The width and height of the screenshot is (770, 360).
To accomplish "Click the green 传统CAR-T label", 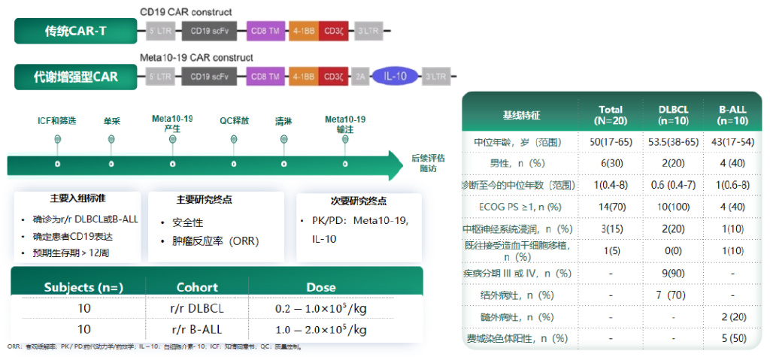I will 75,32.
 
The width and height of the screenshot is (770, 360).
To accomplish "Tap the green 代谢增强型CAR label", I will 75,77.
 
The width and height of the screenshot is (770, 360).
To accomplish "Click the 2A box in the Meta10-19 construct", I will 360,77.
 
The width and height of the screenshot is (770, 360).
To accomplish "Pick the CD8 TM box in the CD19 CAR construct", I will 265,32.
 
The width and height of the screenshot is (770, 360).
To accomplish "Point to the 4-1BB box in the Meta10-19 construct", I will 304,77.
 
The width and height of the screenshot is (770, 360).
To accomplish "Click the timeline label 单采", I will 111,120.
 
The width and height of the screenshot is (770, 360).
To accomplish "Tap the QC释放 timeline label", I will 234,120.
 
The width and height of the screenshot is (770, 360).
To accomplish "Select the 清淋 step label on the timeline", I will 283,120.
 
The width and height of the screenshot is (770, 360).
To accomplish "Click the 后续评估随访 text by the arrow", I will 428,163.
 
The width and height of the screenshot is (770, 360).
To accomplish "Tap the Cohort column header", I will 197,287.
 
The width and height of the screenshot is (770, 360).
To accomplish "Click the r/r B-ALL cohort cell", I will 197,329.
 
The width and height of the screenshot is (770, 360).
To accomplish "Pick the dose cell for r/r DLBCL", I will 321,309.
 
